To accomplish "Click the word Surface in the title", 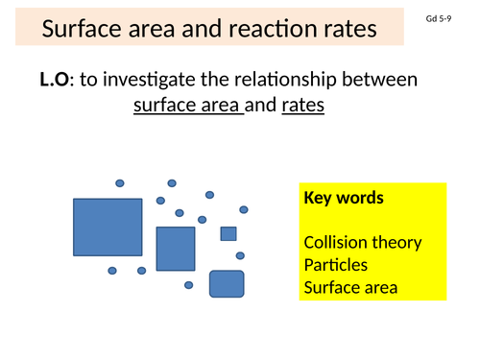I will click(84, 30).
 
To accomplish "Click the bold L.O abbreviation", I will click(55, 82).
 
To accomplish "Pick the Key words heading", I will click(344, 199).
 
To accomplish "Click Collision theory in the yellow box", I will click(362, 242).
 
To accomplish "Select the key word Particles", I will click(335, 264).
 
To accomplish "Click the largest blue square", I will click(108, 228).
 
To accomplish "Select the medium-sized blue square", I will click(176, 249).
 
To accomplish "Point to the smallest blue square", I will click(228, 233).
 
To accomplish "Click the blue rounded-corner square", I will click(227, 284).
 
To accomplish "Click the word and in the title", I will click(207, 30).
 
